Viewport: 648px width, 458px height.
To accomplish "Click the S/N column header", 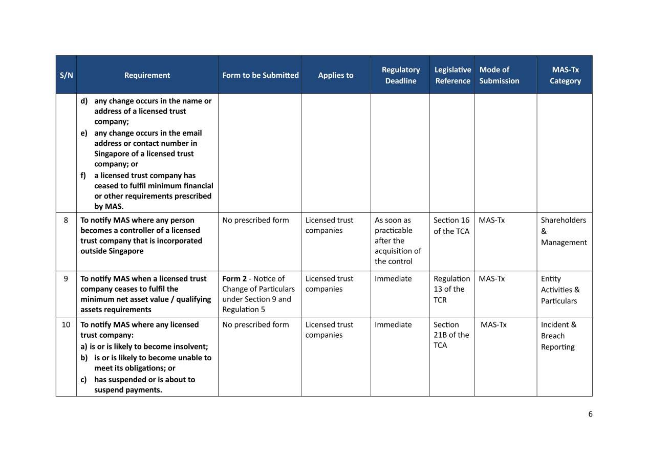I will click(66, 75).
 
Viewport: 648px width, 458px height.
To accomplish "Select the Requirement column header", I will click(147, 75).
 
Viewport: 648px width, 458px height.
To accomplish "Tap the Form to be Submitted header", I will click(260, 75).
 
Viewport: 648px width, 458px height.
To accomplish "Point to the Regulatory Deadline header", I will click(400, 75).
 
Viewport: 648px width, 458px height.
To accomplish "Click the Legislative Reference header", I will click(452, 75).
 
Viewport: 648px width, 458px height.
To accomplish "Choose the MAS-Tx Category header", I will click(565, 75).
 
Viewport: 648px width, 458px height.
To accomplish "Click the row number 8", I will click(66, 220).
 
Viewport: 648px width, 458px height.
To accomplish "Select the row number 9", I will click(66, 278).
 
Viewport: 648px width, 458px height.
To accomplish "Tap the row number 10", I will click(66, 324).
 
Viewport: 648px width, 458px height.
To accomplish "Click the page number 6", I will click(590, 414).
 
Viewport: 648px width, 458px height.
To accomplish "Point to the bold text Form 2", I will click(234, 278).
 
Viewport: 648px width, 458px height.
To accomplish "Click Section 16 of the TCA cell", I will click(451, 226).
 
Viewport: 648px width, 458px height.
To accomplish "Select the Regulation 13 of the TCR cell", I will click(451, 289).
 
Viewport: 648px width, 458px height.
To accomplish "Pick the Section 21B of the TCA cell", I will click(451, 335).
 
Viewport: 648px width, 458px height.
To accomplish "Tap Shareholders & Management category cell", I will click(564, 231).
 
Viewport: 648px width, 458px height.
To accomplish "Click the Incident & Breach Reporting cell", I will click(558, 336).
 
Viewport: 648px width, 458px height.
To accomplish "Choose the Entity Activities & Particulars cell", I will click(560, 290).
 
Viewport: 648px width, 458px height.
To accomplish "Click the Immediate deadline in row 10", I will click(393, 324).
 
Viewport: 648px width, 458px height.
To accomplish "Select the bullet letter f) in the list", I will click(83, 176).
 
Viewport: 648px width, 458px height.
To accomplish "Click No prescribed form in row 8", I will click(255, 220).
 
